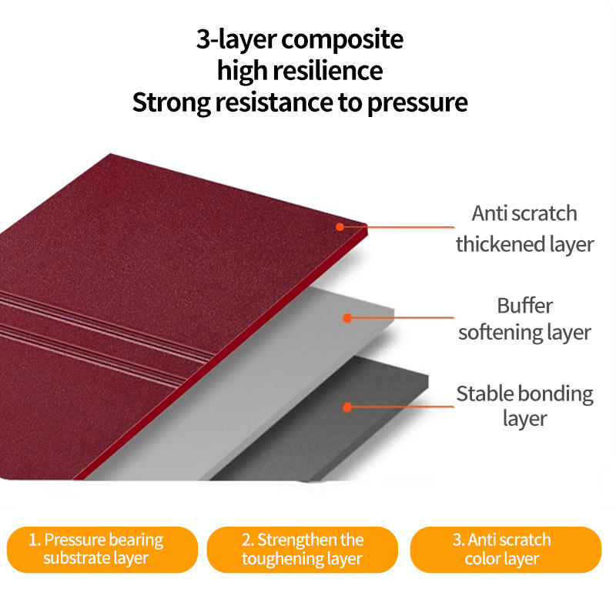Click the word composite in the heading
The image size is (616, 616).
[x=342, y=41]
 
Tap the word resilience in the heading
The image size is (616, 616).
[x=328, y=71]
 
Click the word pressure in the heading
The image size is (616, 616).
[x=417, y=104]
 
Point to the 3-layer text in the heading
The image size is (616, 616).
[x=236, y=40]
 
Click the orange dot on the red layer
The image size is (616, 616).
[x=340, y=226]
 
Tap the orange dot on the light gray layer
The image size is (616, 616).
[x=347, y=318]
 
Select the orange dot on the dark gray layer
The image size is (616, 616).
[x=347, y=407]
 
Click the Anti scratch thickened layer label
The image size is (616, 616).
[x=524, y=229]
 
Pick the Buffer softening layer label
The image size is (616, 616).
[x=524, y=320]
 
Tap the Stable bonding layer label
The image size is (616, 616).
[x=525, y=407]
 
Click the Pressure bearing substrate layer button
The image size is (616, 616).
[x=102, y=549]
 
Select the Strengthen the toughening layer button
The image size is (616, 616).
[x=302, y=549]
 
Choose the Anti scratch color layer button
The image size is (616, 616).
[x=506, y=549]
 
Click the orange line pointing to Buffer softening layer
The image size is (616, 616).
[x=400, y=317]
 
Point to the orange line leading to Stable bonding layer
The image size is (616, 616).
[x=400, y=407]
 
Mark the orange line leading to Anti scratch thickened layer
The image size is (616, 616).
[x=397, y=226]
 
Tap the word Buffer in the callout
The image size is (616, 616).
[x=525, y=306]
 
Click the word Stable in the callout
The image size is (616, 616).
[x=486, y=393]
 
